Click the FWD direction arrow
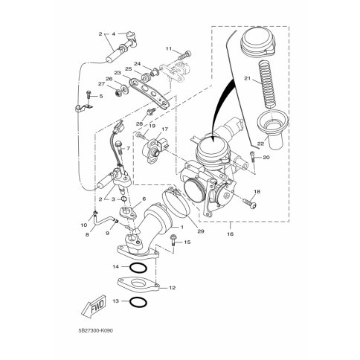pos(94,306)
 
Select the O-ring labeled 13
pos(138,302)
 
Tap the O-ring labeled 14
pos(138,268)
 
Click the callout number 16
pos(231,234)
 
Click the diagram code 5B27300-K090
pos(95,331)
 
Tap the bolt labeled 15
pos(173,240)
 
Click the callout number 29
pos(200,231)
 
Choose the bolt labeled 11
pos(184,55)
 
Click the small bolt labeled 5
pos(89,96)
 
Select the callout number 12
pos(172,288)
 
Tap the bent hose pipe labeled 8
pos(105,219)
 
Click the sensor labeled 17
pos(153,150)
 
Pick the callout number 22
pos(260,144)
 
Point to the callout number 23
pos(118,73)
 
